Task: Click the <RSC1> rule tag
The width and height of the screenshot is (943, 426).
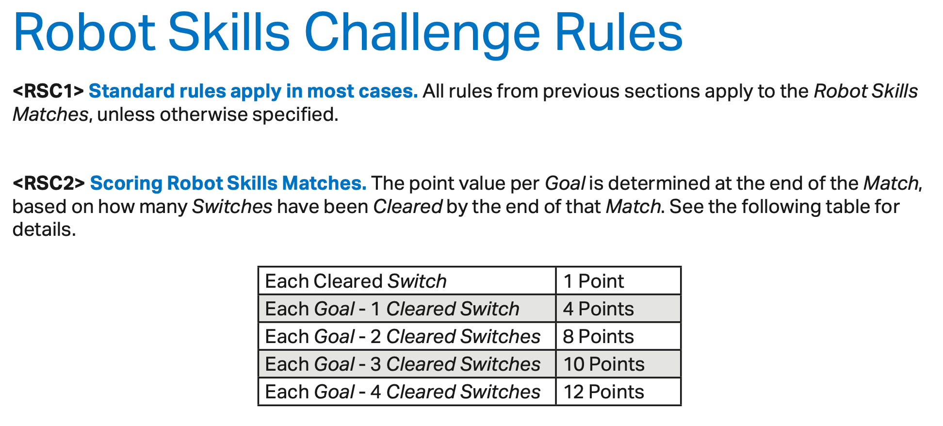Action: click(49, 91)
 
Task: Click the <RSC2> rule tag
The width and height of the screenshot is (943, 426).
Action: click(49, 183)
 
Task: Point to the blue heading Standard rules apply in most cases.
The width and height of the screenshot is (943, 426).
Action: click(253, 91)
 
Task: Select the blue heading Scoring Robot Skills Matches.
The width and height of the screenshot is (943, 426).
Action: click(228, 183)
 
